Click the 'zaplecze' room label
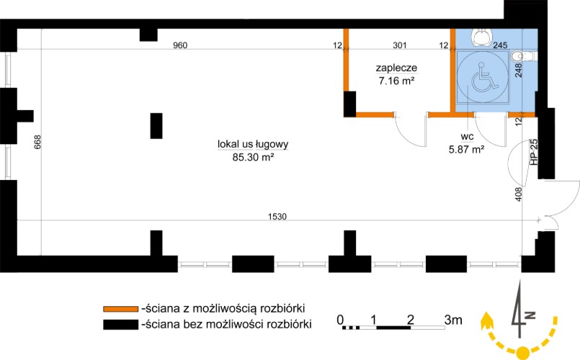397,68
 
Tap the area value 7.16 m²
397,81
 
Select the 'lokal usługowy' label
248,144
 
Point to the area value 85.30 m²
248,156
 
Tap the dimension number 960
180,45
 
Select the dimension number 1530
277,217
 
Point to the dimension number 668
37,143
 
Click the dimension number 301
398,45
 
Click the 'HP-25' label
534,153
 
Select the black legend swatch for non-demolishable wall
120,325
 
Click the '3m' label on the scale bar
453,319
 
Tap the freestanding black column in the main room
156,125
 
